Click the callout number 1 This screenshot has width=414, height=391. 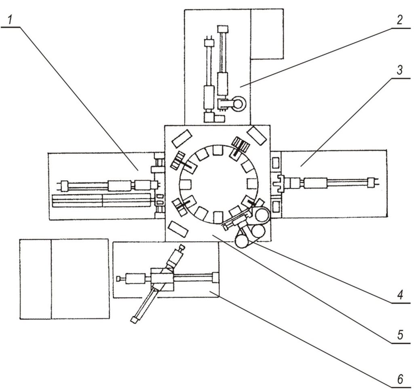10,20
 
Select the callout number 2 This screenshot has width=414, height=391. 400,20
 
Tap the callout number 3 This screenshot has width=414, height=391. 400,70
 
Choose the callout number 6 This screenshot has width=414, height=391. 400,380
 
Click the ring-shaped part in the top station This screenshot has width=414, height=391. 239,104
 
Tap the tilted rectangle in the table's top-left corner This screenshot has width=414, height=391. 182,138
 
